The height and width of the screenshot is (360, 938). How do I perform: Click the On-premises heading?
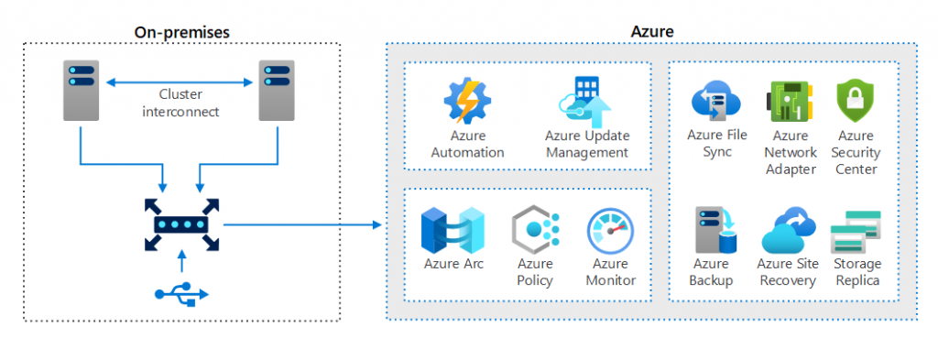(x=181, y=32)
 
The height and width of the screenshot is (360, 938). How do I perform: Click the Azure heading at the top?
(x=652, y=32)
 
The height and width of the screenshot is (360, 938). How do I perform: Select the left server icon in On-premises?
(x=82, y=91)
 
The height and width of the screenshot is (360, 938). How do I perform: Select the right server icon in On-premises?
(x=277, y=91)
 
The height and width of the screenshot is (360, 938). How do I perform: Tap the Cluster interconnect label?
(x=180, y=103)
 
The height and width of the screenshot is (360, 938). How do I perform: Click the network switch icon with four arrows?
(x=181, y=224)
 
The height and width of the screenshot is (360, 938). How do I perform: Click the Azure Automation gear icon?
(x=467, y=102)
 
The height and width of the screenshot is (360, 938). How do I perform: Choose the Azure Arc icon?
(x=453, y=231)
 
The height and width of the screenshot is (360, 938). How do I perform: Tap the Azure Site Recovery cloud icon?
(x=787, y=230)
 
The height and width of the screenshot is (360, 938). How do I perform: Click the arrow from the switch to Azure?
(x=302, y=224)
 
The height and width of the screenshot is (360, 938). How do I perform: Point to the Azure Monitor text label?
(x=610, y=272)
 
